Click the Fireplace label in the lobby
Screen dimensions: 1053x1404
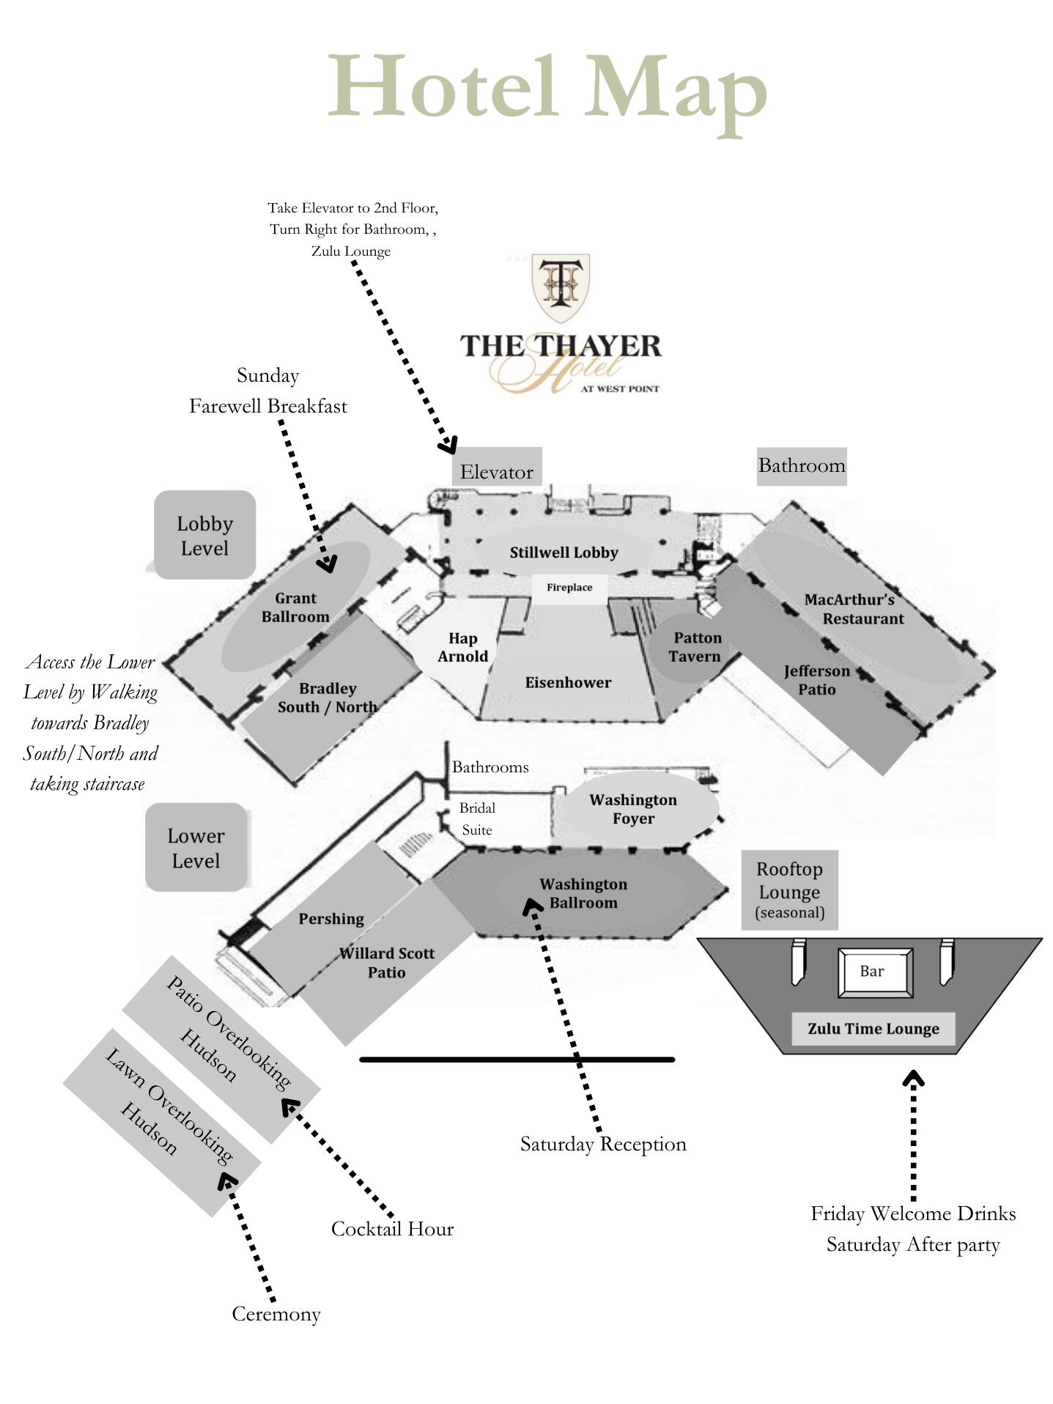click(x=569, y=588)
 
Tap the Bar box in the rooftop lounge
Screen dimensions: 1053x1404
click(x=875, y=972)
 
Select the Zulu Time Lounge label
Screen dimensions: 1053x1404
click(x=873, y=1029)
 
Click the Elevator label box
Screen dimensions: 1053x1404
click(x=497, y=467)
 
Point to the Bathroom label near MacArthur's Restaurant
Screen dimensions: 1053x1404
click(x=802, y=466)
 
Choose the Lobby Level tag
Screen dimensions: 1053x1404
click(x=204, y=536)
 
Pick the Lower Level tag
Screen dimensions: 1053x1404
click(x=196, y=848)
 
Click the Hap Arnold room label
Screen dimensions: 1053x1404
click(x=463, y=648)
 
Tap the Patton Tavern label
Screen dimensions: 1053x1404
click(x=695, y=647)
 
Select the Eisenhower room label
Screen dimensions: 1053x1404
click(x=568, y=683)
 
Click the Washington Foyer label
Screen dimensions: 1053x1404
click(x=633, y=809)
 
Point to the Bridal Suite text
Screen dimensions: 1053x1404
click(x=477, y=819)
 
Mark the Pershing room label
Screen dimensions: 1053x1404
click(x=331, y=919)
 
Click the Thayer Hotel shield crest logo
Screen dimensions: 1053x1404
click(x=561, y=288)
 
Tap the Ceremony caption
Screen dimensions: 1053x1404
click(x=276, y=1314)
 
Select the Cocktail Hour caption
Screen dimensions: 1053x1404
click(x=392, y=1229)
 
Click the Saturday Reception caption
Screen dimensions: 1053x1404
click(x=603, y=1144)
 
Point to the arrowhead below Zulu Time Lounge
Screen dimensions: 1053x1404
click(x=913, y=1078)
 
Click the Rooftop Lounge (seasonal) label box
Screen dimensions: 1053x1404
click(x=790, y=890)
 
